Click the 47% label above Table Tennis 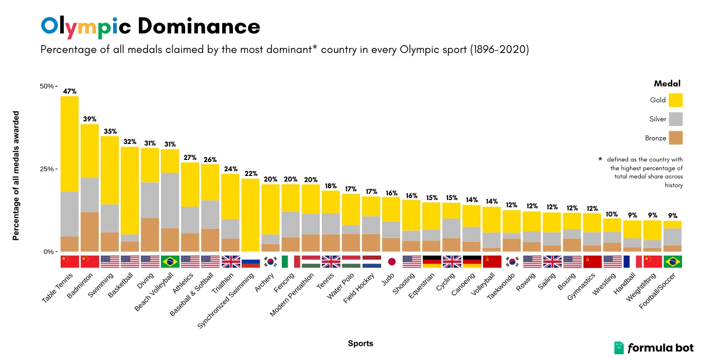[x=69, y=92]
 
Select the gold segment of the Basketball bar [x=130, y=190]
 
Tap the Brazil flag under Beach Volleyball [x=170, y=261]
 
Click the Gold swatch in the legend [x=676, y=100]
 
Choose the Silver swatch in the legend [x=676, y=119]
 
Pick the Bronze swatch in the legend [x=676, y=138]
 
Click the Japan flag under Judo [x=392, y=261]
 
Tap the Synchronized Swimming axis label [x=227, y=300]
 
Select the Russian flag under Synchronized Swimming [x=250, y=261]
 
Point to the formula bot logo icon [x=619, y=348]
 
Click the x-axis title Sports [x=361, y=343]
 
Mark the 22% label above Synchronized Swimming [x=250, y=174]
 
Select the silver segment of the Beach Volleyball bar [x=170, y=200]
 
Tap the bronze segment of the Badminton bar [x=89, y=231]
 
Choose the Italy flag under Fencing [x=291, y=261]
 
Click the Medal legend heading [x=667, y=83]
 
